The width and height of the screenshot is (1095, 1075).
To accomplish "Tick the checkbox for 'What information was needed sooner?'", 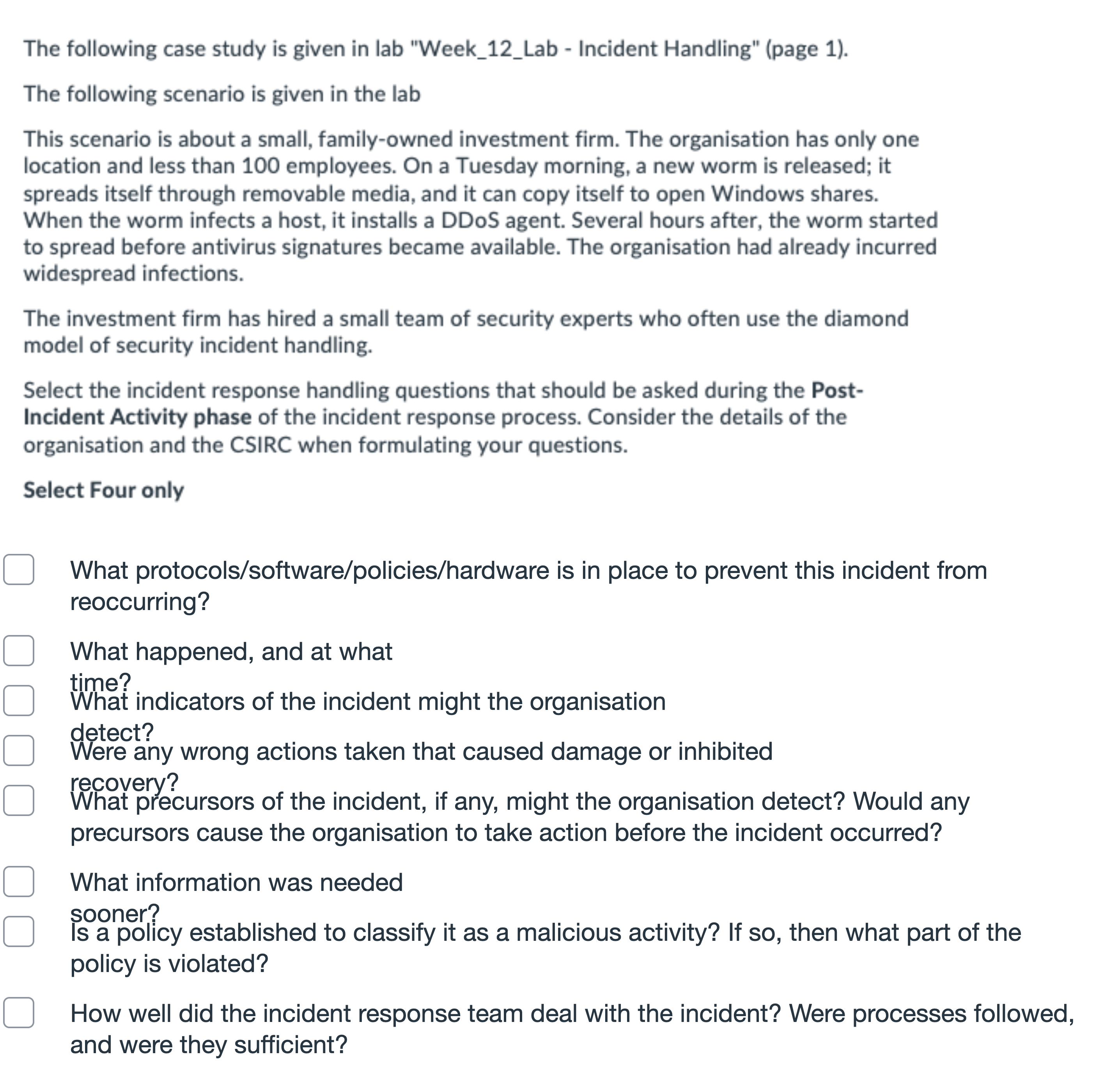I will pyautogui.click(x=19, y=882).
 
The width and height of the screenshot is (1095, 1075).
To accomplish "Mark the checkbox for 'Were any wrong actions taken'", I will pyautogui.click(x=19, y=750).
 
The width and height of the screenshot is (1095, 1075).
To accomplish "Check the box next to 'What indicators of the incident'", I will pyautogui.click(x=19, y=701).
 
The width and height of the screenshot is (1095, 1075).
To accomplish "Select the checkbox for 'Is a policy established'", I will pyautogui.click(x=19, y=931).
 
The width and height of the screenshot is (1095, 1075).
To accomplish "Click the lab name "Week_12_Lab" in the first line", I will pyautogui.click(x=489, y=49).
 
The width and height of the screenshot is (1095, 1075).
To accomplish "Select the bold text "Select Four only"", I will pyautogui.click(x=103, y=490).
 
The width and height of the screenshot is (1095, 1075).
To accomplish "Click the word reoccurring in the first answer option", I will pyautogui.click(x=140, y=601).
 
